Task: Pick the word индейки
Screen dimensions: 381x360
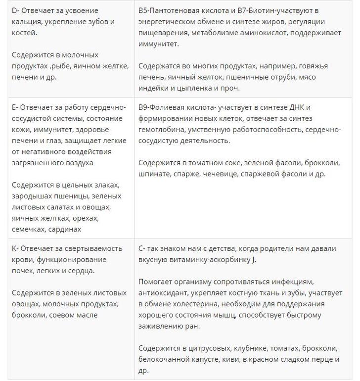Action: pos(154,88)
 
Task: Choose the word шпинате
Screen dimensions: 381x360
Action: pos(154,173)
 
